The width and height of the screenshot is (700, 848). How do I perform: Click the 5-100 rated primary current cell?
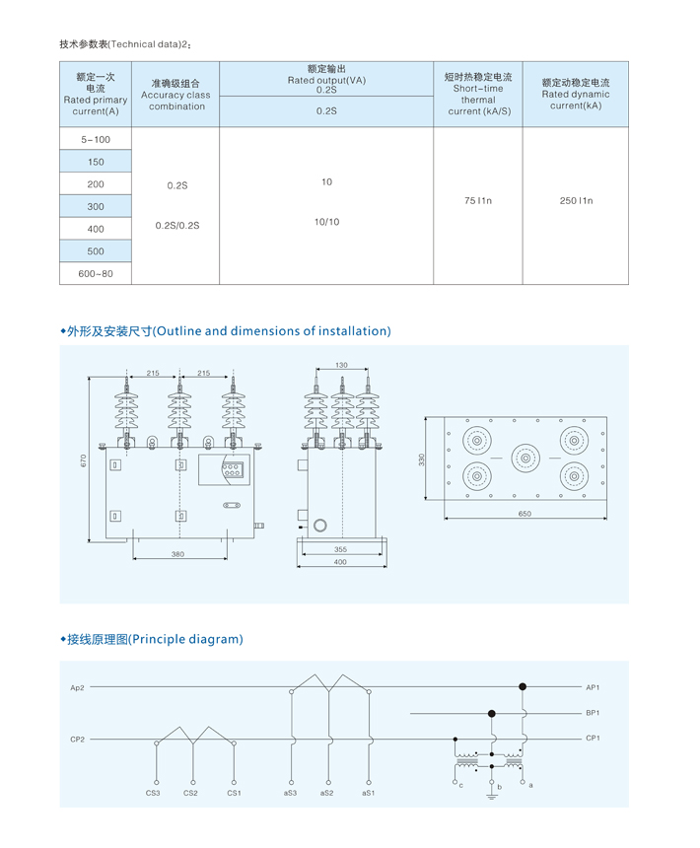96,140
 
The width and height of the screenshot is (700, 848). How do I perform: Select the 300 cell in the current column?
96,207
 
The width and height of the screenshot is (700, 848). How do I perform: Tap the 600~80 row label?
96,274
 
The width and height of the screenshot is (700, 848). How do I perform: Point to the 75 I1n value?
478,200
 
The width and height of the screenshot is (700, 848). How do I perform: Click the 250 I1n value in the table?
576,200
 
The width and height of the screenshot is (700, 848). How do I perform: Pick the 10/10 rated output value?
326,222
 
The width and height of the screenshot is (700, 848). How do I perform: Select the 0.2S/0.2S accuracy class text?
177,226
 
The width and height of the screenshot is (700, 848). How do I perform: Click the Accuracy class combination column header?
175,95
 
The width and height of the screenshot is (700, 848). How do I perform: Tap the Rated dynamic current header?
576,94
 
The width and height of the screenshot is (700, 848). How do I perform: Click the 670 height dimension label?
83,460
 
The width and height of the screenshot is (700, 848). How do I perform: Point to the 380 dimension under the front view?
177,554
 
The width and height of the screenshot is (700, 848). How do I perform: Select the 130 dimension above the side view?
342,365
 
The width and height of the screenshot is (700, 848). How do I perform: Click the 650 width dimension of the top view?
525,514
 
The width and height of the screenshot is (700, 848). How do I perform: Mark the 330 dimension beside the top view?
422,459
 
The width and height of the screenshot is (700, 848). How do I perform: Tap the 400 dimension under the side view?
340,562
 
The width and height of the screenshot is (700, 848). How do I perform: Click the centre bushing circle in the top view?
525,459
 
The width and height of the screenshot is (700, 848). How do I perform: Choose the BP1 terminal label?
593,713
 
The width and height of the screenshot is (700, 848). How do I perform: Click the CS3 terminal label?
153,793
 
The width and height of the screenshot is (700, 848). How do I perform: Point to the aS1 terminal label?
368,793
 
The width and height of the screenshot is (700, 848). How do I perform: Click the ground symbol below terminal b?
491,796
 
